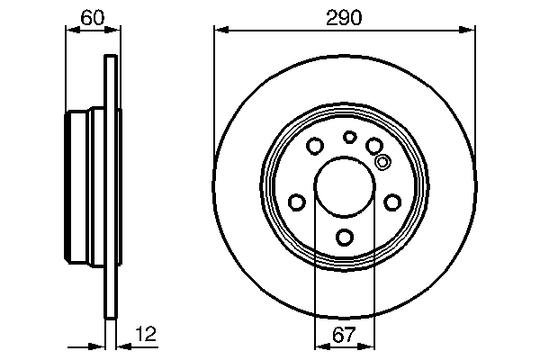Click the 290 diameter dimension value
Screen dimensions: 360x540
coord(345,17)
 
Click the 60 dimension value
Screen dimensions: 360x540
coord(91,17)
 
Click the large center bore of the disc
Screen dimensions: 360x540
coord(345,187)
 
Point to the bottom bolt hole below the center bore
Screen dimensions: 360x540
coord(345,238)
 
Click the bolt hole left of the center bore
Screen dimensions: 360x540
coord(296,202)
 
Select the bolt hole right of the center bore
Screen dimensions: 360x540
coord(393,202)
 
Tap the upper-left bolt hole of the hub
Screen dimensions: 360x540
coord(315,146)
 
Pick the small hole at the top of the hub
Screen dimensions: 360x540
coord(350,137)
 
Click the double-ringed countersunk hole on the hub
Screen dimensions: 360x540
coord(382,162)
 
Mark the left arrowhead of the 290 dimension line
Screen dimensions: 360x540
coord(219,31)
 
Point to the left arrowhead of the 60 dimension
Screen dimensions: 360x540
coord(72,31)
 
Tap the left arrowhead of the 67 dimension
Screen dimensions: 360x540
coord(319,346)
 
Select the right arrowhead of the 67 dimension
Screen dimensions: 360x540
coord(371,346)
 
